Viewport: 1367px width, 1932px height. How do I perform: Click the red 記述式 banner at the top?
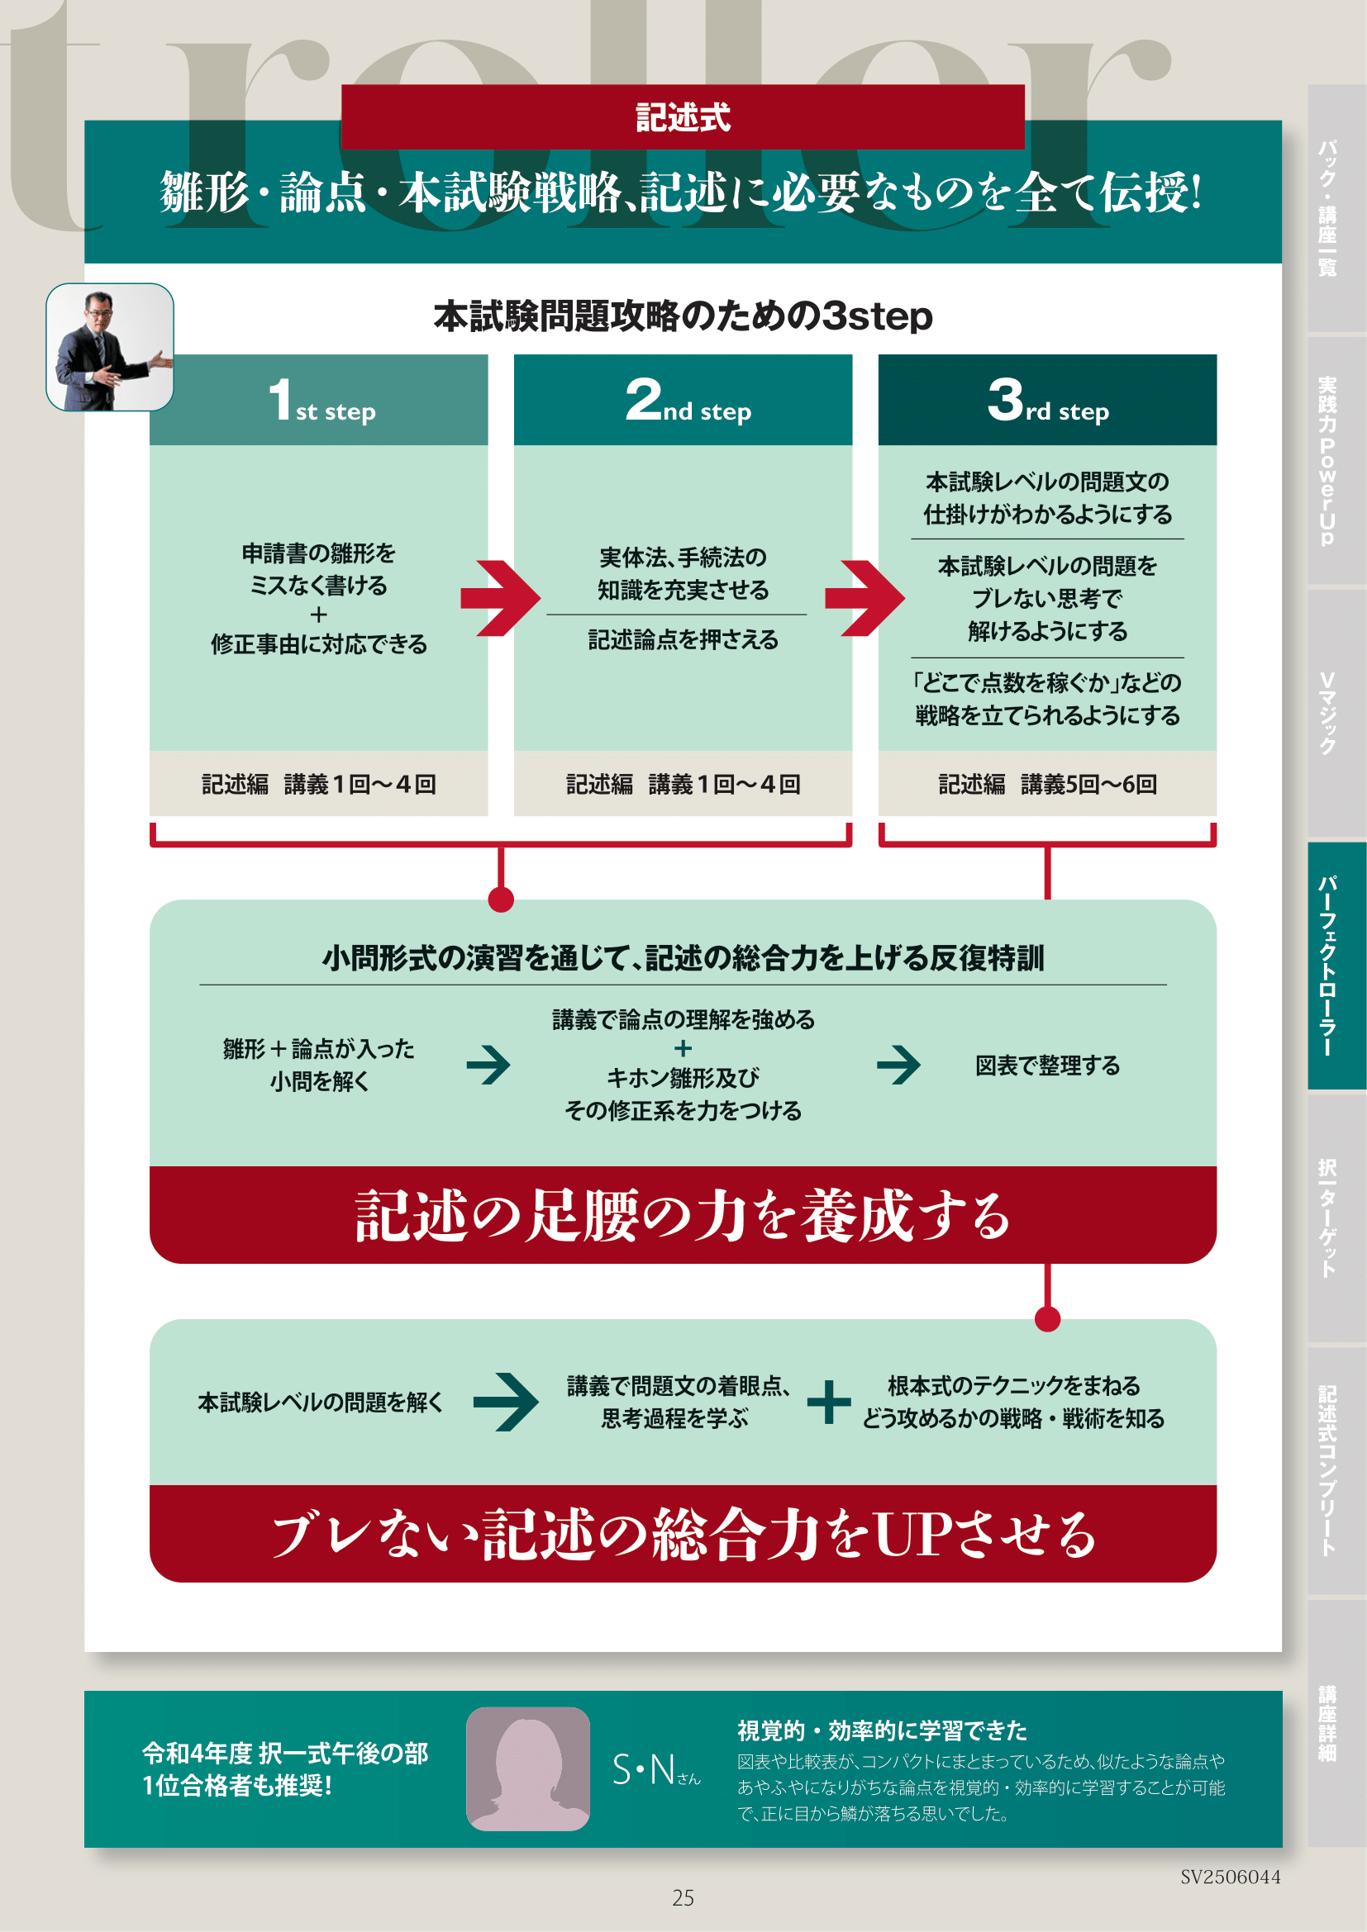683,117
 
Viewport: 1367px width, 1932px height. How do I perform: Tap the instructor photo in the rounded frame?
109,347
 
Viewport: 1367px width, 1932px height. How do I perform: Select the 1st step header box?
318,400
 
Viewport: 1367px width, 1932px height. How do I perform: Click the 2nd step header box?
683,400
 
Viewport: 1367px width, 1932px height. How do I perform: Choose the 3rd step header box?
1047,400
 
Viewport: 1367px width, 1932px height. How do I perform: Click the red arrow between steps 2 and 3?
864,598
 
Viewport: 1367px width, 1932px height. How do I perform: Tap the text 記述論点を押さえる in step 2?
683,640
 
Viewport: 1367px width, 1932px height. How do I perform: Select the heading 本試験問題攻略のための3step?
683,316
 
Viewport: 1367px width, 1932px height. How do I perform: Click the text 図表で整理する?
1047,1066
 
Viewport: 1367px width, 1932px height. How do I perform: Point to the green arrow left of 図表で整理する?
898,1066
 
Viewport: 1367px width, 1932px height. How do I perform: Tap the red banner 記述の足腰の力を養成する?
683,1215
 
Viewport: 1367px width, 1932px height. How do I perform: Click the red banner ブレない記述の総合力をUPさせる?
683,1534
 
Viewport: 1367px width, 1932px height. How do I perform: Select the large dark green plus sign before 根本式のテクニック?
829,1402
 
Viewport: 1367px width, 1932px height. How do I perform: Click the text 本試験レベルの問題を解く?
320,1402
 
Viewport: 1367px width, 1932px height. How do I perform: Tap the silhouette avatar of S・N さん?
528,1768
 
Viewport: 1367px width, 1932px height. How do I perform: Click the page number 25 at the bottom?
683,1897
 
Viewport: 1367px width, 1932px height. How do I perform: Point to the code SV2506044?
1230,1877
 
